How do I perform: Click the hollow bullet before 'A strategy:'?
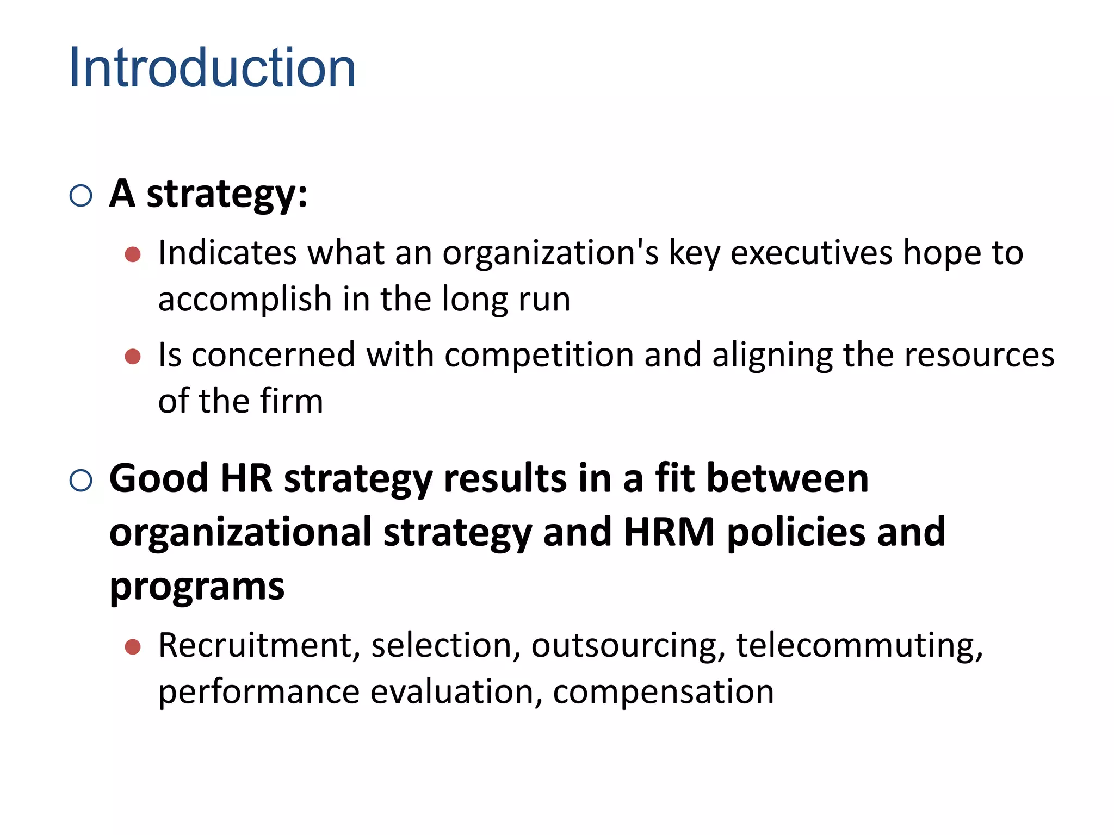click(81, 196)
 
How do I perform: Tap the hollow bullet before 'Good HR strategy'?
click(81, 481)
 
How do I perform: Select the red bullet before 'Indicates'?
click(133, 254)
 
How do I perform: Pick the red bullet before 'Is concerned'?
click(133, 357)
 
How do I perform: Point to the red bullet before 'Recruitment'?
click(133, 647)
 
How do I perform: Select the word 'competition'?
click(539, 356)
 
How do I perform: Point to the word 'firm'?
click(292, 401)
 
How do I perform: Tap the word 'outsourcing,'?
click(628, 646)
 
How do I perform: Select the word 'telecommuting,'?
click(859, 646)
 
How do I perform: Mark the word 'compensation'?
click(664, 693)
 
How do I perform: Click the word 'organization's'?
click(550, 253)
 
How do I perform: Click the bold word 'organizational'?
click(240, 533)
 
